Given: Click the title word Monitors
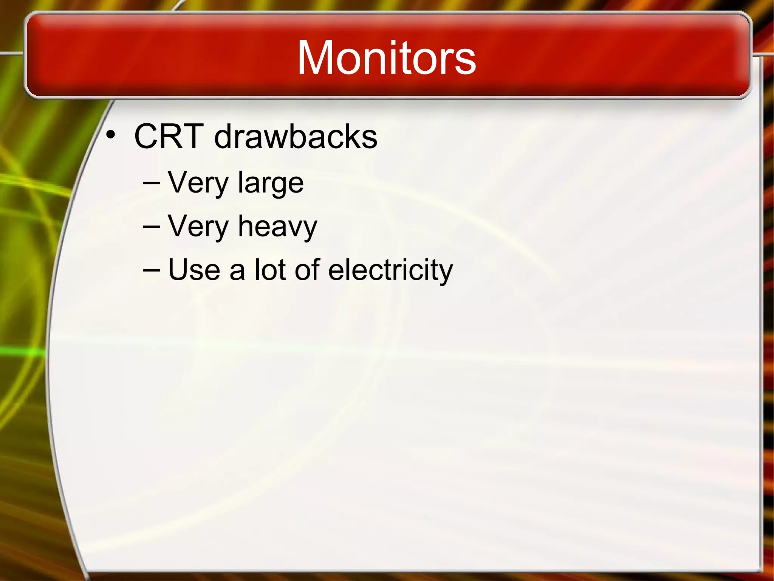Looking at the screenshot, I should (x=386, y=57).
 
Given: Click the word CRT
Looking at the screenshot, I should (x=169, y=136).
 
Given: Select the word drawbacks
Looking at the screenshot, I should (x=296, y=136).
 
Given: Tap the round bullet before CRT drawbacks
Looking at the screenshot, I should (x=110, y=135).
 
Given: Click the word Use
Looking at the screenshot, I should (x=194, y=270).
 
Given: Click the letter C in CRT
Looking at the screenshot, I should (x=148, y=136).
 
